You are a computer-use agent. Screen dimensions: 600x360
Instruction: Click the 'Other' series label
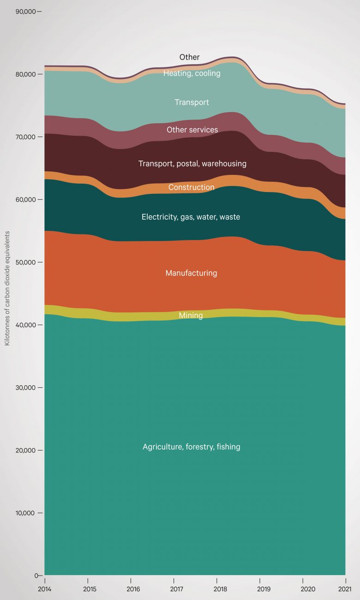[x=189, y=57]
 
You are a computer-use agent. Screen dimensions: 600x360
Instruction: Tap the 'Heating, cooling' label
[x=192, y=73]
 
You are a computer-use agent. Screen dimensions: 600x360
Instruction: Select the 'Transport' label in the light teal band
[x=192, y=102]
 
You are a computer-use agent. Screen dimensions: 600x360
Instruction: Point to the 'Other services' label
[x=192, y=130]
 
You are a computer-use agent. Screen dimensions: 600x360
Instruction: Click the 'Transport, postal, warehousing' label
[x=192, y=163]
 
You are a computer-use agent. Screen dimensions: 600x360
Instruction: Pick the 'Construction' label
[x=191, y=187]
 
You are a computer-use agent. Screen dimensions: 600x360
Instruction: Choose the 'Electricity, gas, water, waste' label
[x=191, y=217]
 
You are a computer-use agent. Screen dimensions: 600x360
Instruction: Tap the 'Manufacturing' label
[x=191, y=273]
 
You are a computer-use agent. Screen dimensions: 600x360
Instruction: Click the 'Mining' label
[x=191, y=316]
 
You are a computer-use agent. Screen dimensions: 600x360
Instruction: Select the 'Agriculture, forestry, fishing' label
[x=191, y=447]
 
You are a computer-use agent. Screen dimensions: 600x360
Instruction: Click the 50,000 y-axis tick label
[x=25, y=262]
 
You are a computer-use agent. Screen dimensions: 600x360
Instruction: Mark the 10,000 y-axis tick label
[x=25, y=513]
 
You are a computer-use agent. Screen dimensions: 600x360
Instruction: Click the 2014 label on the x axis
[x=45, y=589]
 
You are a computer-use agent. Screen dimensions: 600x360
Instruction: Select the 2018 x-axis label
[x=216, y=589]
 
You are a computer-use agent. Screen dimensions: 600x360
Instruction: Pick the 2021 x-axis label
[x=345, y=589]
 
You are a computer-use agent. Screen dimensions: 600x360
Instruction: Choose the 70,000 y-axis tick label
[x=25, y=137]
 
